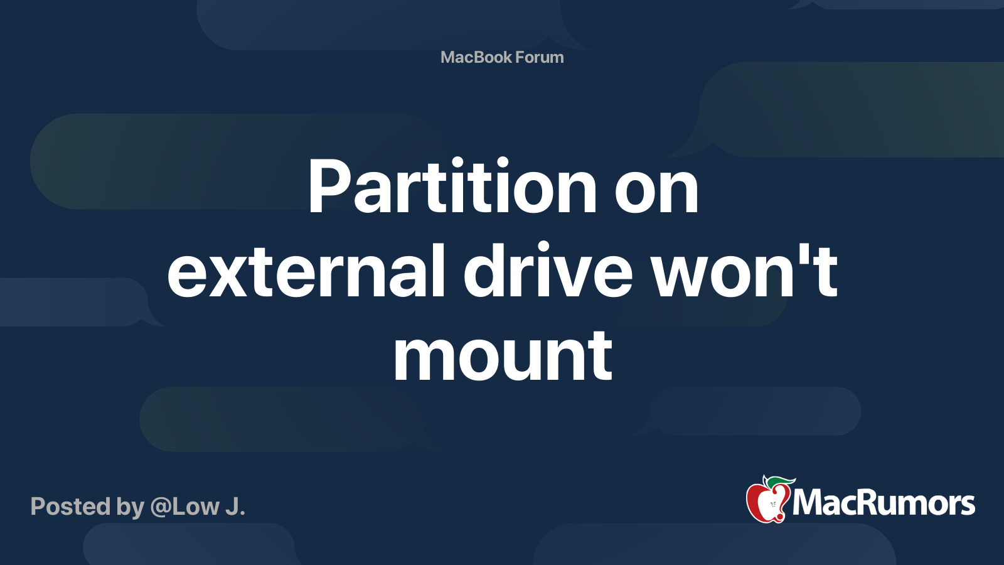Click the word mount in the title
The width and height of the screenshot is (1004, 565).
(x=502, y=357)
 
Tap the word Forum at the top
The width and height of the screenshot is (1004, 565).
(x=540, y=57)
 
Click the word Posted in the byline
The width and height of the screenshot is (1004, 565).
(x=70, y=507)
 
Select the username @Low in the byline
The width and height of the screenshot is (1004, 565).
(x=185, y=507)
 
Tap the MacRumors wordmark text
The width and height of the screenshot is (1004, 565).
(x=884, y=503)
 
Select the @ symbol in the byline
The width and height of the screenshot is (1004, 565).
(x=160, y=507)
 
